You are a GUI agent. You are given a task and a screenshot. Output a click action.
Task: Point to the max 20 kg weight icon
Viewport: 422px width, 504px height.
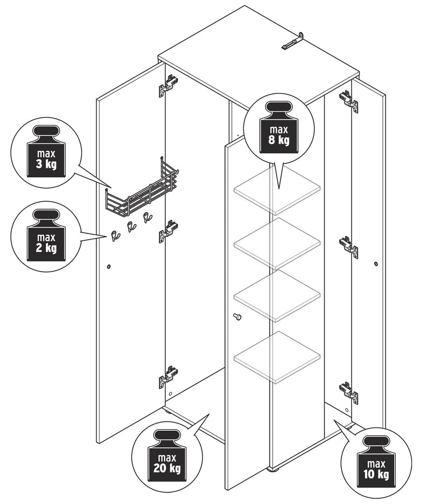pos(167,455)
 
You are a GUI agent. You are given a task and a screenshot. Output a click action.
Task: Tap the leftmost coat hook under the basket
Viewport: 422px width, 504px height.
pos(115,236)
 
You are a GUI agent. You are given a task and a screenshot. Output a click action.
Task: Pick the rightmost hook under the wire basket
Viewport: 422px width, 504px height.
pos(147,218)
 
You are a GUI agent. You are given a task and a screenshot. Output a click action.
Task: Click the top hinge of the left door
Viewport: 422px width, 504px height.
pos(168,85)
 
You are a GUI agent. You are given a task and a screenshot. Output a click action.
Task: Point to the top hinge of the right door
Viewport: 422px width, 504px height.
pos(348,101)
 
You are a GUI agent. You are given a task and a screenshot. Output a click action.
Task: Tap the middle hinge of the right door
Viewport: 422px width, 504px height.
pos(348,247)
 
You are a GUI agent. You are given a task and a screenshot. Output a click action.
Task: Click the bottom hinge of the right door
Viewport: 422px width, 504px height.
pos(348,391)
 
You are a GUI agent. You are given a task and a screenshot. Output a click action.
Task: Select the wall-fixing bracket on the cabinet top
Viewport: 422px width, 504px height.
pos(293,41)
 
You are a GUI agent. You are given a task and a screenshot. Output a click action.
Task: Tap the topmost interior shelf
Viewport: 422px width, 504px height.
pos(278,190)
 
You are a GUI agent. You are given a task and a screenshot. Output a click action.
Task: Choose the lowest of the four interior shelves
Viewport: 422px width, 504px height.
pos(278,357)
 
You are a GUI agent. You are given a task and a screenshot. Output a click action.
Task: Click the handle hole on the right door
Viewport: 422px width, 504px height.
pos(376,263)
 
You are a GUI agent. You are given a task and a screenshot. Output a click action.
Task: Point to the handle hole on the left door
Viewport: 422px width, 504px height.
pos(109,266)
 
